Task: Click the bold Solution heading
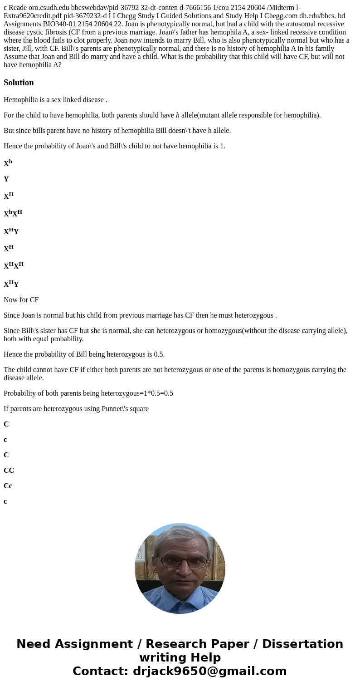pos(19,83)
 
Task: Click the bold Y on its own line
pos(6,179)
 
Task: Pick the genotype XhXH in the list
pos(13,213)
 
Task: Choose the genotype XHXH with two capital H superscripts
pos(14,266)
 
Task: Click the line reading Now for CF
pos(21,300)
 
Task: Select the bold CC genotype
pos(9,470)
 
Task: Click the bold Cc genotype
pos(8,486)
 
